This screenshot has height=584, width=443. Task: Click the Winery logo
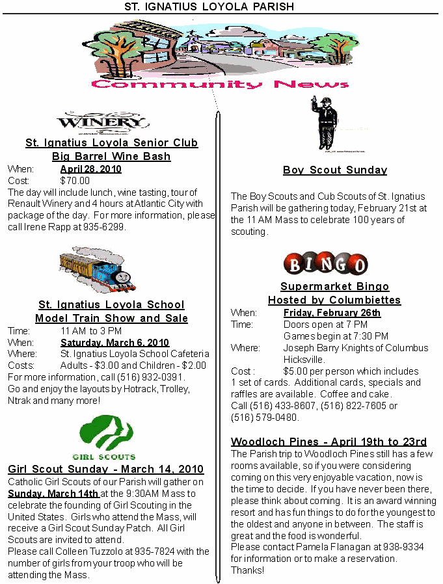click(x=103, y=121)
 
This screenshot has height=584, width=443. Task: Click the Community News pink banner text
click(x=220, y=85)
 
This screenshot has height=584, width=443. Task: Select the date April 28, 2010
click(x=90, y=169)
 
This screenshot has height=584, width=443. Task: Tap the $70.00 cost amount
click(x=75, y=181)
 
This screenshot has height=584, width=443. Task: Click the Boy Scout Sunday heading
click(x=335, y=170)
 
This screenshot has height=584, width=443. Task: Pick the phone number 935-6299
click(x=107, y=228)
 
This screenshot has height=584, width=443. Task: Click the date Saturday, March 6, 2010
click(x=114, y=342)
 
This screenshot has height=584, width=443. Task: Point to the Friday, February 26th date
click(x=332, y=313)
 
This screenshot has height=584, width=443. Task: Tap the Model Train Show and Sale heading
click(x=111, y=318)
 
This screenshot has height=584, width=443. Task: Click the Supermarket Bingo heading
click(x=334, y=287)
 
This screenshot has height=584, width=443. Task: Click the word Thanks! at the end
click(x=248, y=570)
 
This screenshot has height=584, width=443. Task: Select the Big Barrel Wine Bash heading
click(x=111, y=156)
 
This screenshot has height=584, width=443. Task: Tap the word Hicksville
click(x=304, y=360)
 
